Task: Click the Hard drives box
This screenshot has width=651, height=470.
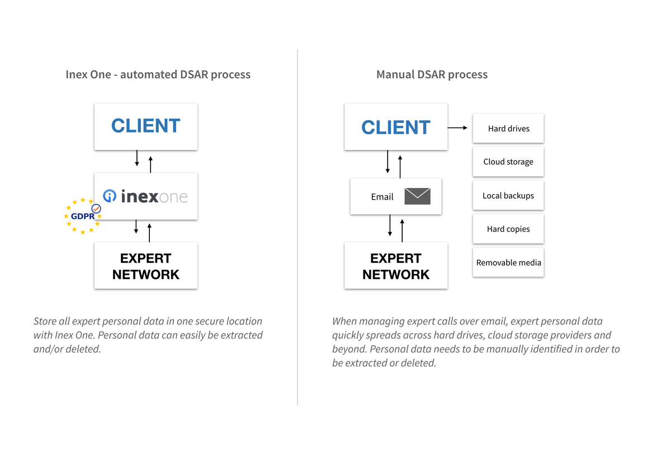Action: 508,128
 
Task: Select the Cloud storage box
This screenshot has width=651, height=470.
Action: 508,162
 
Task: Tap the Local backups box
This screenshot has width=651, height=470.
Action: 508,196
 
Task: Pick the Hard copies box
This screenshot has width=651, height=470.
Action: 508,229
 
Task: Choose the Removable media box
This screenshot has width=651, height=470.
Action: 508,262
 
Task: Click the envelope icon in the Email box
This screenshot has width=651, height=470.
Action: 417,196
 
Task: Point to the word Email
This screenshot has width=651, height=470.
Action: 382,197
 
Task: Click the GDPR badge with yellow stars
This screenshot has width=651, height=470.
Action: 82,216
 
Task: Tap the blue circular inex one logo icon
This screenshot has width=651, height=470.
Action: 110,196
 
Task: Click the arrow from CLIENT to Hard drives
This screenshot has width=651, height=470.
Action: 457,128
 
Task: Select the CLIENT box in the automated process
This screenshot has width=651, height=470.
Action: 145,126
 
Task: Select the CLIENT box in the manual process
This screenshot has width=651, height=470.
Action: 395,127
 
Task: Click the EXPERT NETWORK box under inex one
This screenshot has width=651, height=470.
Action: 145,266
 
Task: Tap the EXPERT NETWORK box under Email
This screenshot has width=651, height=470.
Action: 395,266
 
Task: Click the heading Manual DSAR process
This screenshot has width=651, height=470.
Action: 432,74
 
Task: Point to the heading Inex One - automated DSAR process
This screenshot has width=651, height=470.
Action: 158,74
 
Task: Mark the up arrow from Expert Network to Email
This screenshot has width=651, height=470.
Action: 402,231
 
